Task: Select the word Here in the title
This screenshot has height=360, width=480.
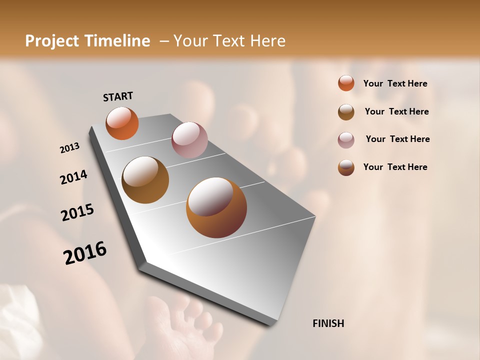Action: (267, 41)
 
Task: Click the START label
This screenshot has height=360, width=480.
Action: (118, 96)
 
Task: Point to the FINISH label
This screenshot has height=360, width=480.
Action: (328, 323)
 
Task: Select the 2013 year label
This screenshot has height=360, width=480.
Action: (69, 148)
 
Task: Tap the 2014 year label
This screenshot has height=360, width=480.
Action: (73, 177)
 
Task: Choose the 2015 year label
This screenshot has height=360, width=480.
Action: (77, 212)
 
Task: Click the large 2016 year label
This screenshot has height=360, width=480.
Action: (85, 253)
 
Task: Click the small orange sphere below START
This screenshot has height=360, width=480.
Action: (122, 123)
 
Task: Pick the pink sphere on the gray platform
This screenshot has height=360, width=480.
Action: (189, 140)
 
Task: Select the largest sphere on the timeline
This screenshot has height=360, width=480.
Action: (216, 207)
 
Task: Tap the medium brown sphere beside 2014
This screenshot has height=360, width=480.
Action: (145, 180)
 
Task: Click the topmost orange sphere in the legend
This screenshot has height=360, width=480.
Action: (346, 83)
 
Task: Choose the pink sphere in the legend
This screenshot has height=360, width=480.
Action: (346, 140)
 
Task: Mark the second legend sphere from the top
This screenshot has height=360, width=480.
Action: (346, 112)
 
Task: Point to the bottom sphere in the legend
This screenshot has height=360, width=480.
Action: (346, 167)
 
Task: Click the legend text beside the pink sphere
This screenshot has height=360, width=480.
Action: (397, 139)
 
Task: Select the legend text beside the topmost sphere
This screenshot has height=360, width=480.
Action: (395, 83)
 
